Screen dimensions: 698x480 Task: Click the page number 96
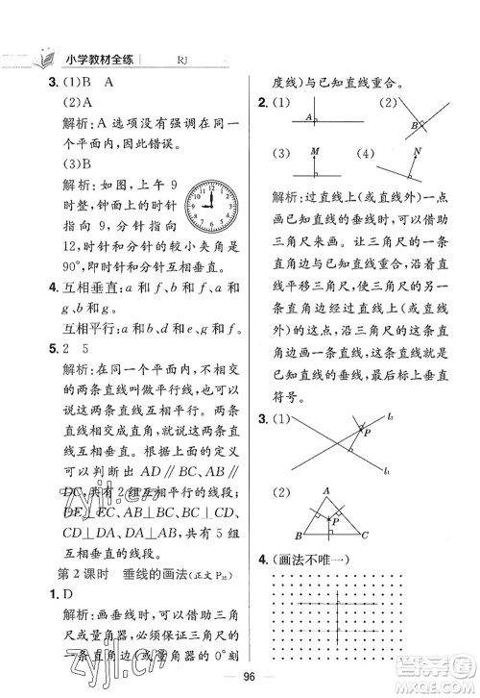pyautogui.click(x=240, y=674)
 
